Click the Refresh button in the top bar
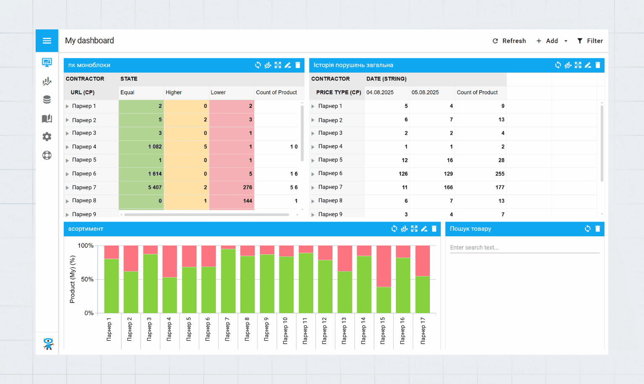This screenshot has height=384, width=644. [509, 41]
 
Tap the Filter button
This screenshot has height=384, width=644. [590, 41]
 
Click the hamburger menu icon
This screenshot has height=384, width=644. [47, 41]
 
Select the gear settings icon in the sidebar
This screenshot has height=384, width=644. [47, 137]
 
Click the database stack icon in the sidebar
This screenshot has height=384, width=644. [47, 99]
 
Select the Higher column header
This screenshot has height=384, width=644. [174, 92]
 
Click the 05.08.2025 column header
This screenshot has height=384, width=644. [425, 92]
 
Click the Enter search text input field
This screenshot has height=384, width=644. [524, 248]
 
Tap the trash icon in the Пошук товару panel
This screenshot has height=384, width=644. [598, 229]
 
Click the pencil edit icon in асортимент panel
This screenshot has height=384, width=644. [424, 229]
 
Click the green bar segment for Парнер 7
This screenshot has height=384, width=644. [228, 281]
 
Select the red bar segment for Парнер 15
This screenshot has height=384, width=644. [384, 266]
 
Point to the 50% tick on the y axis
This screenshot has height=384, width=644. [87, 280]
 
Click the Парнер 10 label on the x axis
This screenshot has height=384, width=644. [285, 331]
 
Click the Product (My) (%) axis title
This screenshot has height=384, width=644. [72, 280]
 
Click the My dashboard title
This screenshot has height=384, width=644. [89, 41]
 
